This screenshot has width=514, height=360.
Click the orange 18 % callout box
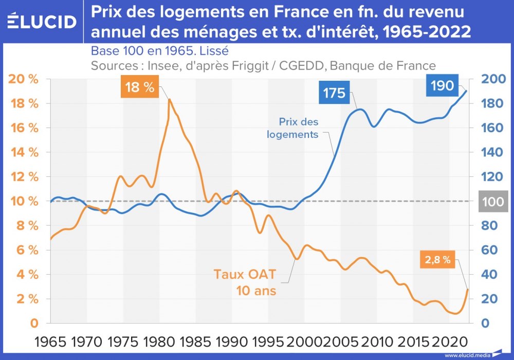tap(139, 87)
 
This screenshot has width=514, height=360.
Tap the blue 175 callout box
tap(334, 93)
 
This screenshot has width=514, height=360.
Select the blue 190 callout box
tap(442, 85)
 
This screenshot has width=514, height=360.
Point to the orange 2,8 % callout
tap(437, 260)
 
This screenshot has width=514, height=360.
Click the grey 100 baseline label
tap(492, 201)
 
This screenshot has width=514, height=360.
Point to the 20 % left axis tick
tap(25, 79)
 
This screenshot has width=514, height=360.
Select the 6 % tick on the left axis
tap(27, 250)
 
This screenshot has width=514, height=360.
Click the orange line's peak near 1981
tap(169, 99)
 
